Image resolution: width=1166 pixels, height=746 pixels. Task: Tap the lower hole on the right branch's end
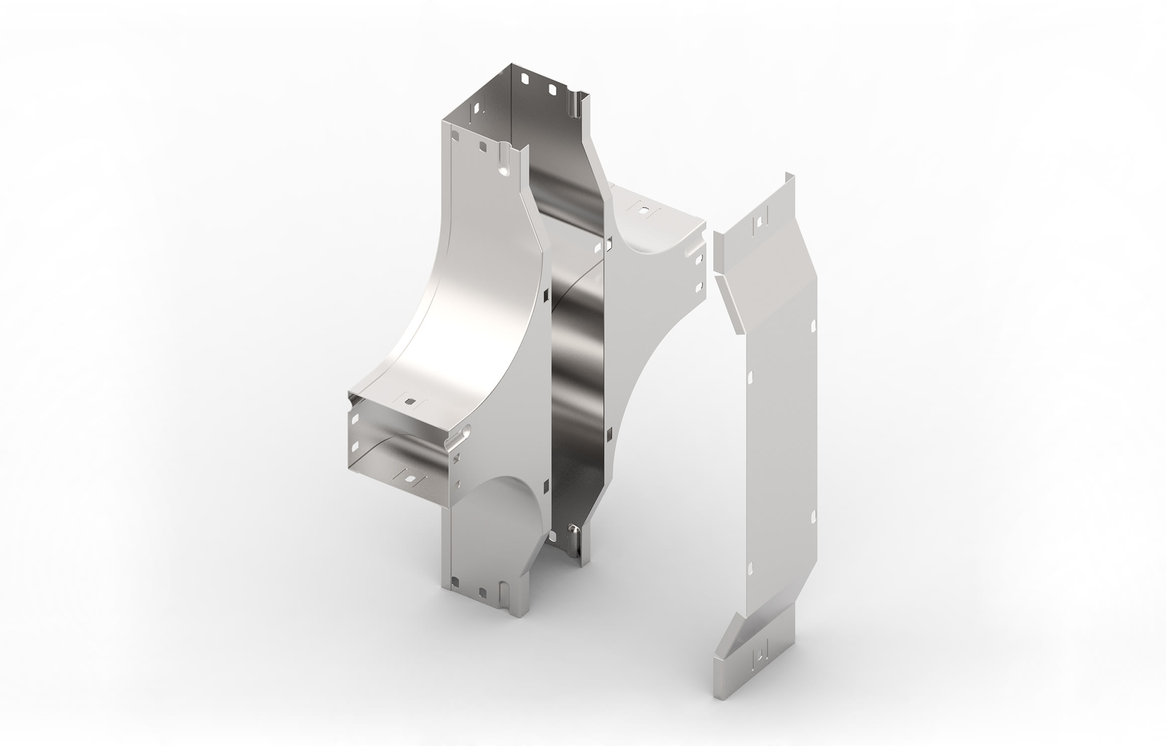(698, 287)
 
